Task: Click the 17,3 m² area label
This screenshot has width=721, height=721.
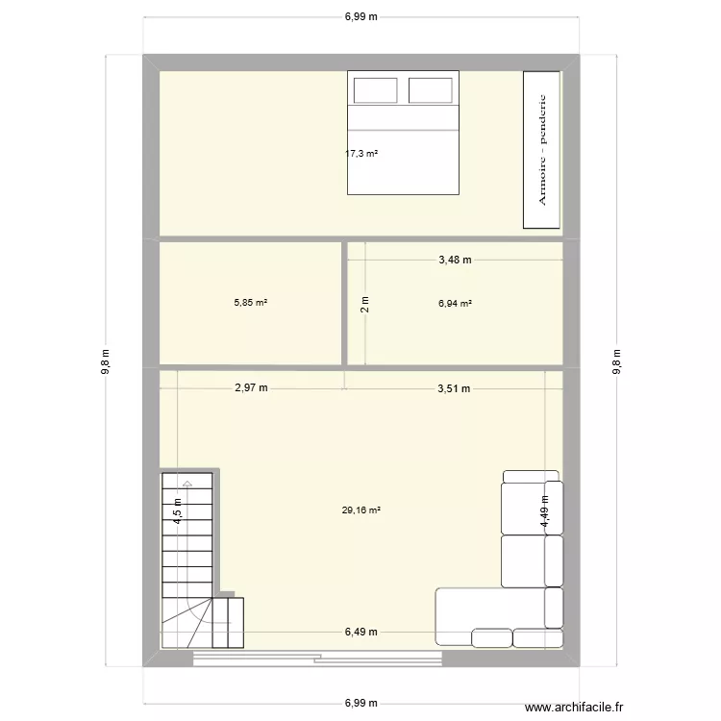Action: [361, 153]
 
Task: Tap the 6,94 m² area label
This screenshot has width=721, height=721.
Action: [455, 303]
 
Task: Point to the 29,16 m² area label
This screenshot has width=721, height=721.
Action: [361, 510]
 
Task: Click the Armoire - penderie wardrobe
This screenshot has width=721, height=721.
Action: [541, 150]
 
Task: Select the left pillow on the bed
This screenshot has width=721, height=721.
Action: [376, 90]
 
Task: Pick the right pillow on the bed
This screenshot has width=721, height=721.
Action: [431, 90]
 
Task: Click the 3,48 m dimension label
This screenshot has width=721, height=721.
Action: [455, 259]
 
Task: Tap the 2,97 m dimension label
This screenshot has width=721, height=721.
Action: [250, 388]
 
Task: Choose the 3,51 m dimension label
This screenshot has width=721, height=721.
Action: [453, 388]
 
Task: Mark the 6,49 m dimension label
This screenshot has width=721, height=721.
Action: [361, 632]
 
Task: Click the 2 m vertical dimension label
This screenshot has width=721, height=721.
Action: [364, 305]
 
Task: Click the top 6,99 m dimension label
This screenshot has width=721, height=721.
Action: [361, 16]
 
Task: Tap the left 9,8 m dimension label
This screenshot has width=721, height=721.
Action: [107, 361]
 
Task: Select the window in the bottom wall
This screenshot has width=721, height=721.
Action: [317, 659]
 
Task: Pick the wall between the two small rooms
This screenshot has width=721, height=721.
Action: [345, 303]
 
